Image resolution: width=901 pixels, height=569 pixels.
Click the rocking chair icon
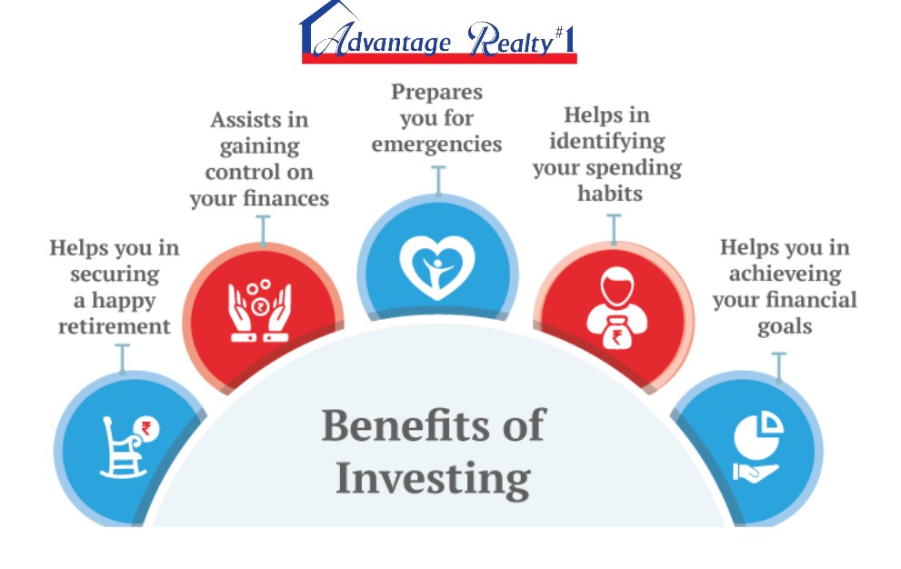tap(123, 448)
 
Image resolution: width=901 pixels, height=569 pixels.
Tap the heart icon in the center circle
tap(437, 267)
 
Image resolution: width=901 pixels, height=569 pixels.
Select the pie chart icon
tap(758, 434)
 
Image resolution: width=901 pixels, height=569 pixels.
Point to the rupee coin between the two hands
tap(260, 307)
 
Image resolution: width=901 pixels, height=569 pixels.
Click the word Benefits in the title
tap(405, 425)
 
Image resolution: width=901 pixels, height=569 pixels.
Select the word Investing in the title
tap(434, 479)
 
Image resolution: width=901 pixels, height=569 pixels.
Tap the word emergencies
tap(436, 145)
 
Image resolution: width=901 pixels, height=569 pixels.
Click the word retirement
tap(115, 326)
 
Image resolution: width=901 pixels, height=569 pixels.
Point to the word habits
tap(610, 193)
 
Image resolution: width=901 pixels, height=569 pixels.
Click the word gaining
tap(260, 147)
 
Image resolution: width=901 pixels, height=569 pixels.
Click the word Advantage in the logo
tap(382, 40)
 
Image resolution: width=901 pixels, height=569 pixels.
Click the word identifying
tap(607, 142)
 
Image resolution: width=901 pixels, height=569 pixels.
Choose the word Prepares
tap(436, 92)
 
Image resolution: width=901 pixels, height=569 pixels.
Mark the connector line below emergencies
tap(438, 181)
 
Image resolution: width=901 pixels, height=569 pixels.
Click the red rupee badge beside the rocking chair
tap(146, 428)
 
